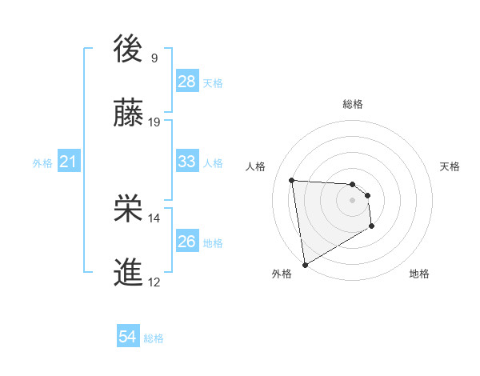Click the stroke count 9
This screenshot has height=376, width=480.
[154, 58]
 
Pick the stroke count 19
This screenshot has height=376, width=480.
[154, 122]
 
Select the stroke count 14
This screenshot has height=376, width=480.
[154, 218]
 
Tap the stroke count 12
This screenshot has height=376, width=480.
[154, 282]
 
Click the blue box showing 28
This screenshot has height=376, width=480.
[187, 82]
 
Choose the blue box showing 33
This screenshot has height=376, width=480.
[187, 162]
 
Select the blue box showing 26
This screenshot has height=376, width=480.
[187, 242]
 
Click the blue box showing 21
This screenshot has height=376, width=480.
[69, 162]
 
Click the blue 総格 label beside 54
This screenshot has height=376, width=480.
[154, 338]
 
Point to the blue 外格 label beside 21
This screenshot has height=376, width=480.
[42, 163]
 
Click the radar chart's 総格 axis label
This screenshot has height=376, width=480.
[353, 104]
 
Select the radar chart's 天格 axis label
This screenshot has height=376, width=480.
[450, 166]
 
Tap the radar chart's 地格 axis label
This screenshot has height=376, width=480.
[419, 274]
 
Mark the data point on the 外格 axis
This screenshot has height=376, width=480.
[305, 264]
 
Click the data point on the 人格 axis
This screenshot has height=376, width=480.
[292, 180]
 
